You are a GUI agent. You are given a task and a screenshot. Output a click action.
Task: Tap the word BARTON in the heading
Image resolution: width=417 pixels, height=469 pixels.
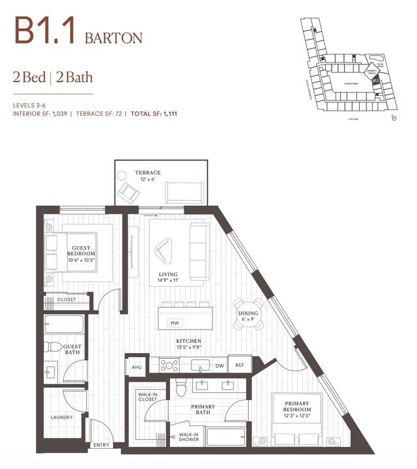coord(113,37)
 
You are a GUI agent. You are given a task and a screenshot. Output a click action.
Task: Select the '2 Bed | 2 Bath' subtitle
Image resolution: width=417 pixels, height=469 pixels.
coord(53,78)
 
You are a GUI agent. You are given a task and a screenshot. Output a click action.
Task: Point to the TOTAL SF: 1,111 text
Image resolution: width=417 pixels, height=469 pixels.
coord(154,113)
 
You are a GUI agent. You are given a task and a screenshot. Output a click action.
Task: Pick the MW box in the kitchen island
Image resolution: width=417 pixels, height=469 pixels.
coord(175,323)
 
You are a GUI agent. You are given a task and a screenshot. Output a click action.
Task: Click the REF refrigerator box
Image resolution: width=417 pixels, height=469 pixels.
coord(239,365)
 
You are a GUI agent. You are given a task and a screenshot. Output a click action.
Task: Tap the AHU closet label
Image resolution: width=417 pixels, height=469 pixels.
coord(136,367)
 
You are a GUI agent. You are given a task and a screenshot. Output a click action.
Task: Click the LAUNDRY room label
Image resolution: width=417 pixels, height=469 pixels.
coord(62,417)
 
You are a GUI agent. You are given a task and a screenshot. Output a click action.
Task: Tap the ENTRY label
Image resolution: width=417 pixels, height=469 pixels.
coord(102,445)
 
